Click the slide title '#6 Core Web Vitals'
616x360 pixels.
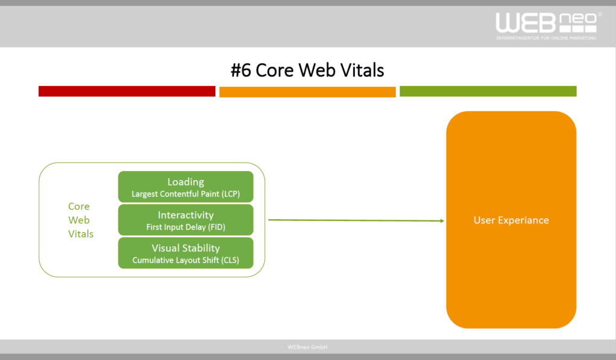307,70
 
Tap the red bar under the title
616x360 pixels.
127,91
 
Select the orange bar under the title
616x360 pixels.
307,92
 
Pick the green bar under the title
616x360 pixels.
488,91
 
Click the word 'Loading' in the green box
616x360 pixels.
186,182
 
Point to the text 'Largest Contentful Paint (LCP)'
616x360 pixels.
186,194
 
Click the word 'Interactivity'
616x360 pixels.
186,215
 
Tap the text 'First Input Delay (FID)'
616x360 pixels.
186,227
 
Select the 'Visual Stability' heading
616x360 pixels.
186,248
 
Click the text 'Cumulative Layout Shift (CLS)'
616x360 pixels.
186,260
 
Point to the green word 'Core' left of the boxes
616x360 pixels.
79,206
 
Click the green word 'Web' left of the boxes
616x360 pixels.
79,220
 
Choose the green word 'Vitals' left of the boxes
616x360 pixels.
81,234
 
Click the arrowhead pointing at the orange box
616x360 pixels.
442,221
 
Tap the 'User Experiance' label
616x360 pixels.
511,220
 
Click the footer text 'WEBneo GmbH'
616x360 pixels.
307,347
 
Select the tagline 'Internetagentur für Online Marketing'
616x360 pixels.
546,38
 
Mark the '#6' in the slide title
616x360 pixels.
241,70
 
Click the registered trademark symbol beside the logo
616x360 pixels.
600,14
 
